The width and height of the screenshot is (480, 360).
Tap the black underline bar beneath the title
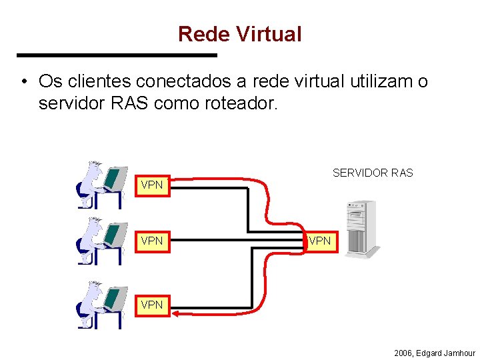point(117,55)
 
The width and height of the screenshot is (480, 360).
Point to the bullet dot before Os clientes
point(23,82)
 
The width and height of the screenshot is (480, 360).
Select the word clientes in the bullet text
point(104,81)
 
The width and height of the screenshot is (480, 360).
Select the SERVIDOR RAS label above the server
point(373,173)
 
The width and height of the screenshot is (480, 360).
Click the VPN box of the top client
point(152,185)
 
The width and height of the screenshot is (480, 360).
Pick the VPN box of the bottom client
point(152,304)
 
